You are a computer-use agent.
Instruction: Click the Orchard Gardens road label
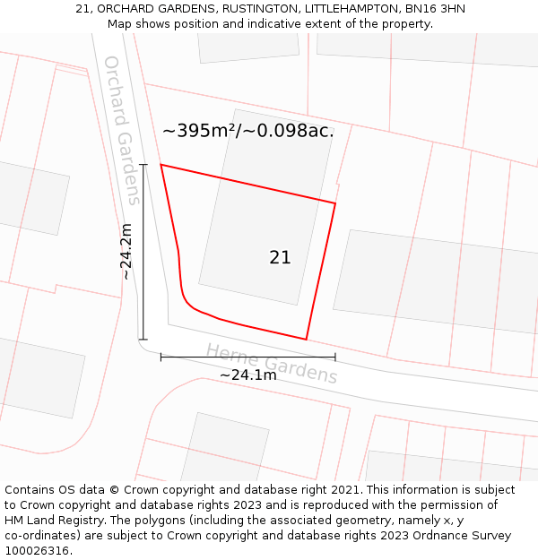pyautogui.click(x=122, y=130)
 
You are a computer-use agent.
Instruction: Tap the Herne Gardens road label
pyautogui.click(x=272, y=363)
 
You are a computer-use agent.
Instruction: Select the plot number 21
pyautogui.click(x=280, y=257)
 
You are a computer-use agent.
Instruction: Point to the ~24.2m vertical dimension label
pyautogui.click(x=126, y=252)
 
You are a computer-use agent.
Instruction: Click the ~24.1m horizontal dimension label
pyautogui.click(x=248, y=375)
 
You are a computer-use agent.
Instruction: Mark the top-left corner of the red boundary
pyautogui.click(x=161, y=165)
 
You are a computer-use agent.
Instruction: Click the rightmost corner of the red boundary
pyautogui.click(x=335, y=203)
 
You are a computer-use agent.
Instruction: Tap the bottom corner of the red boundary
pyautogui.click(x=307, y=340)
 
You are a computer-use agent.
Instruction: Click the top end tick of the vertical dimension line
pyautogui.click(x=143, y=165)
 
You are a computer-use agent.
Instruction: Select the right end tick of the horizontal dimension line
pyautogui.click(x=335, y=357)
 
